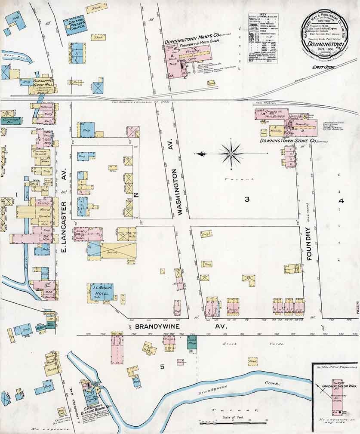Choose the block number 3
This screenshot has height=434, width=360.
coord(247,199)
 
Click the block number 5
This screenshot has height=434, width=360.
coord(162,366)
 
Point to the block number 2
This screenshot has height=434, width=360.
coord(135,195)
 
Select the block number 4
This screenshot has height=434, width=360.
coord(341,200)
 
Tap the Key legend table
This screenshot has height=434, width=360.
coord(262,38)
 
